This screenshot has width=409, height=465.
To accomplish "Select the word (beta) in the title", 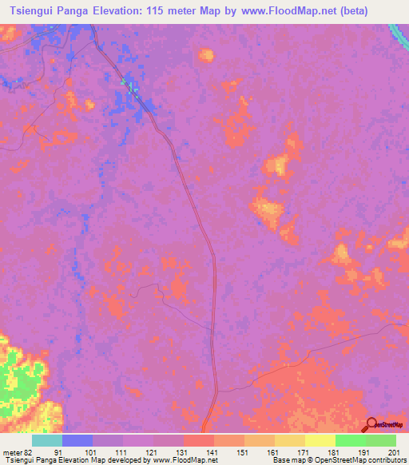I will (389, 11).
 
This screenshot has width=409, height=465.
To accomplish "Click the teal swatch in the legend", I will (47, 441).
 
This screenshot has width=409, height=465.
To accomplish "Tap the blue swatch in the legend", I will (77, 441).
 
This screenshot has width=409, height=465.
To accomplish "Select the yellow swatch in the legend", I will (320, 441).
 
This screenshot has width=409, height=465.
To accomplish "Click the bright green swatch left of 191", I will (351, 441).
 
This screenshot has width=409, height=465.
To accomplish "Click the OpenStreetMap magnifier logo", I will (372, 423).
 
